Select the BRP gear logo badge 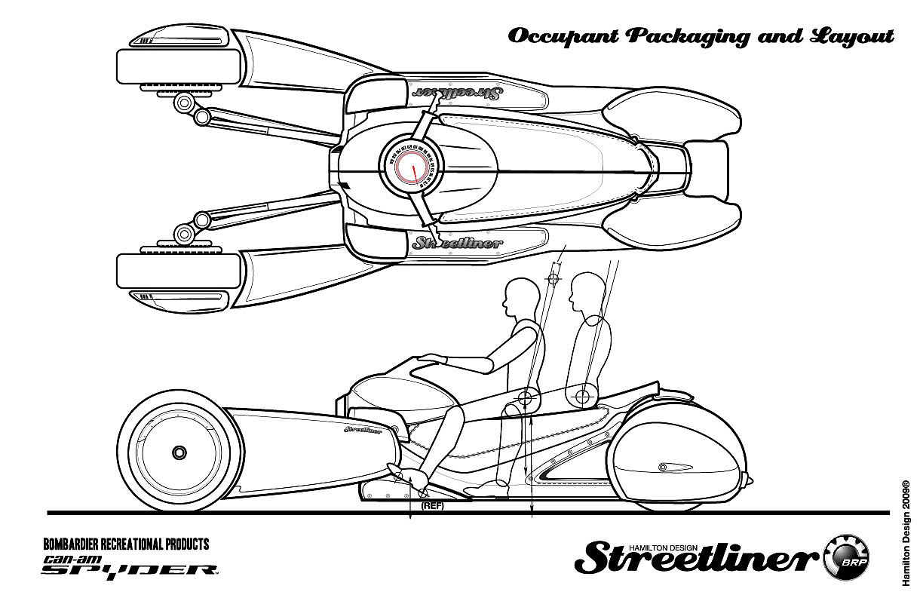pos(848,559)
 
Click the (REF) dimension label pos(432,505)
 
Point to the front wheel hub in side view pos(179,452)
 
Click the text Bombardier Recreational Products pos(126,544)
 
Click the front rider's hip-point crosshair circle pos(526,397)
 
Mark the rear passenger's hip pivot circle pos(582,394)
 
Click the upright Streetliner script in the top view pos(457,243)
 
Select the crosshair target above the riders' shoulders pos(554,278)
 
